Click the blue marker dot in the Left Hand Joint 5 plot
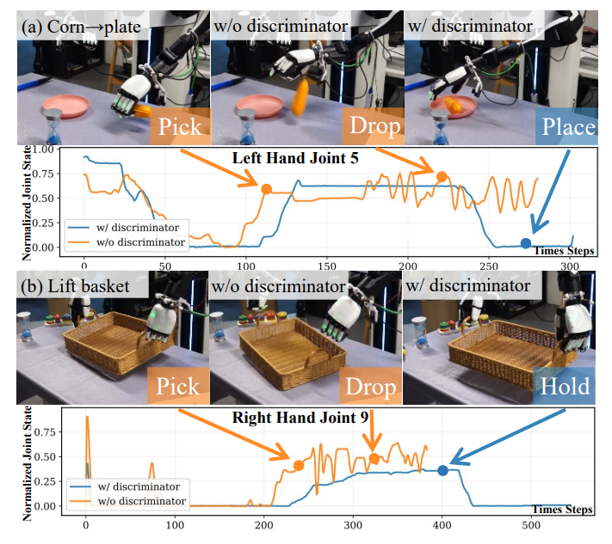526,243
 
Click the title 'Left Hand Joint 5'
295,158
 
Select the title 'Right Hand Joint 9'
300,418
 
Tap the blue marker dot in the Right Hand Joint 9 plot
442,470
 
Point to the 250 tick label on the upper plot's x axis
489,266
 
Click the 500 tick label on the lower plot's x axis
531,525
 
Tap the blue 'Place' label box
566,126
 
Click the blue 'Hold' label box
564,386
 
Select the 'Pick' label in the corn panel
180,126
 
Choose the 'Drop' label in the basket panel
370,386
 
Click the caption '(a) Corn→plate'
81,27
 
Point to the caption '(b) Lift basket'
75,286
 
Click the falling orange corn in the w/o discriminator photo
300,96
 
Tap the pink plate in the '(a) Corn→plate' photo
66,105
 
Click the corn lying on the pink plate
454,105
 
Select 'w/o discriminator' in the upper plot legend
140,242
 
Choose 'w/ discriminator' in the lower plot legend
139,486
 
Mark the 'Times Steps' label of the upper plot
563,251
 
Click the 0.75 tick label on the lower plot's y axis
45,431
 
